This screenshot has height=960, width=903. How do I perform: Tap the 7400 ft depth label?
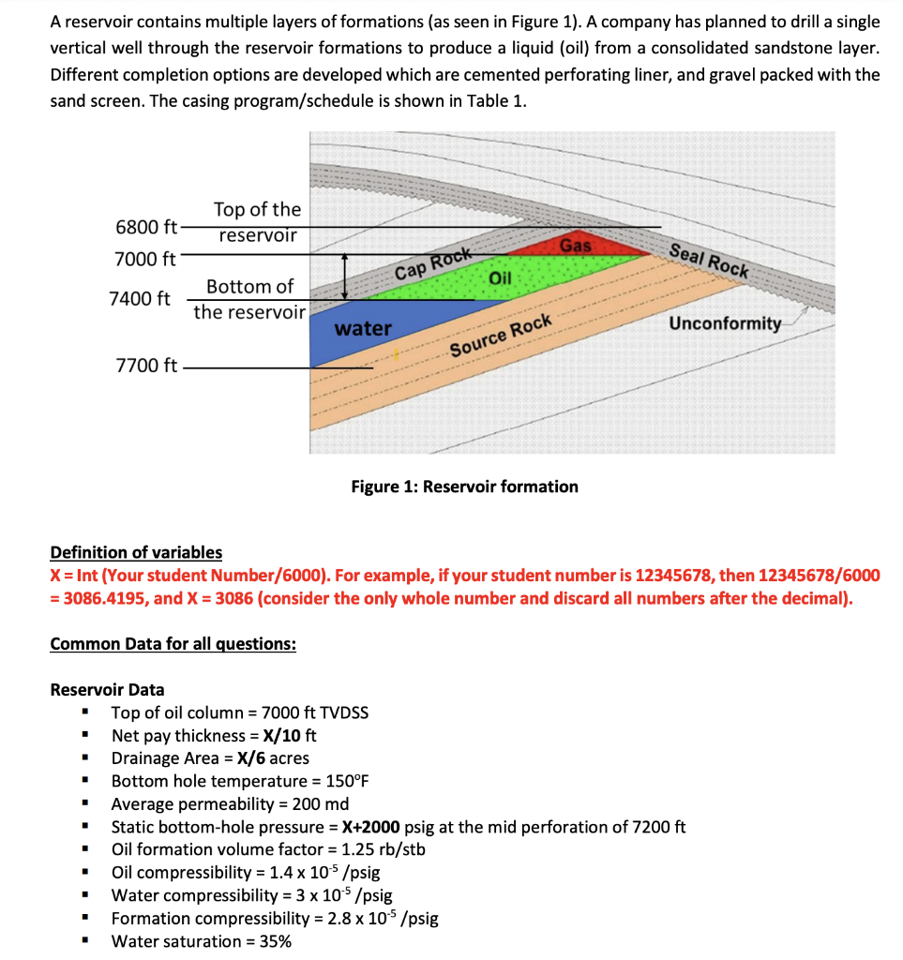pos(140,299)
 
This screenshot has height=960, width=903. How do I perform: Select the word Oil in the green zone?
pos(501,278)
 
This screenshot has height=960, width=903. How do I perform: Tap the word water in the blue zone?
pos(363,328)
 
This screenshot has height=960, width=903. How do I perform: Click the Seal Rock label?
pos(710,258)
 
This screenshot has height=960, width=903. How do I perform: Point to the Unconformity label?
pos(725,323)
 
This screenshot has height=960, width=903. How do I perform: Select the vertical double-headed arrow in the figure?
pos(346,277)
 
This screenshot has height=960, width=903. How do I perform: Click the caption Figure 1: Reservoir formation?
pos(464,487)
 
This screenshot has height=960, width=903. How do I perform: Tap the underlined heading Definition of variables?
pos(136,552)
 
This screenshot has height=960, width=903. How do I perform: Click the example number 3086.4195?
pos(99,598)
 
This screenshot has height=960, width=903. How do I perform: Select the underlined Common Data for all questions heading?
pos(173,644)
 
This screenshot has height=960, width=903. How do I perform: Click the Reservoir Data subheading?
pos(107,690)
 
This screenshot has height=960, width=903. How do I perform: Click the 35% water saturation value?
pos(272,941)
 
